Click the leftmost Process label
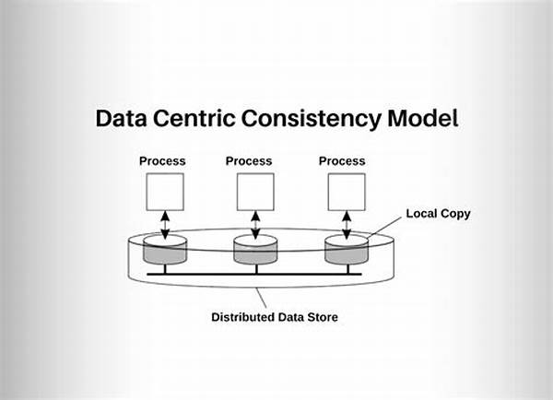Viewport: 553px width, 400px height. (x=162, y=161)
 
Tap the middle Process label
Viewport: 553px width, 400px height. (x=249, y=161)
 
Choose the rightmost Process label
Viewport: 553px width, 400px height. (x=342, y=161)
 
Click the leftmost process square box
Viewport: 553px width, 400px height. (x=163, y=192)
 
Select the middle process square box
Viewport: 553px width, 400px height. (x=255, y=192)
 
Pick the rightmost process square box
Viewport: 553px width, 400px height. (x=347, y=192)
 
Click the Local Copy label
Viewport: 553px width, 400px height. (x=438, y=214)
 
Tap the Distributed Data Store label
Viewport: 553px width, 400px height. (x=275, y=317)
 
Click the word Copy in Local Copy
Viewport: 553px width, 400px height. (x=454, y=214)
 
